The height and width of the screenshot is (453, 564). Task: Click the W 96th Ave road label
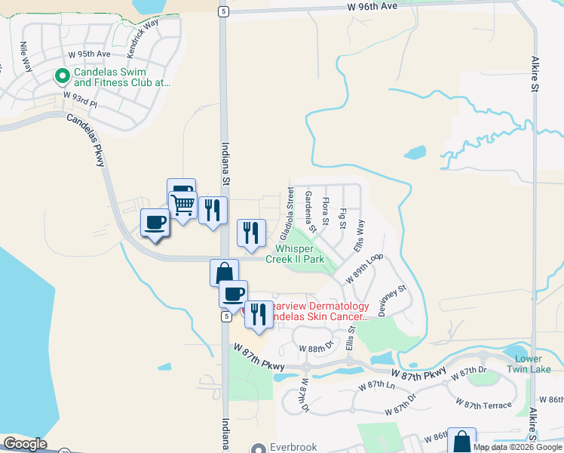click(x=372, y=6)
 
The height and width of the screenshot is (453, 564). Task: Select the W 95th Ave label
click(x=89, y=54)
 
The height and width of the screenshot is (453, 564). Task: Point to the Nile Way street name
click(x=27, y=57)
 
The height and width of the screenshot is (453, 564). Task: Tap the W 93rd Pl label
click(x=81, y=97)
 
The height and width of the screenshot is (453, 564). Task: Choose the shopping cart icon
click(x=182, y=204)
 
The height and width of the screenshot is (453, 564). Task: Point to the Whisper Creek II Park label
click(x=299, y=254)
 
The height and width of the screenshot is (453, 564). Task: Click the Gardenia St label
click(x=311, y=207)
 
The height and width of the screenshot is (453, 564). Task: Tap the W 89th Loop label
click(x=365, y=268)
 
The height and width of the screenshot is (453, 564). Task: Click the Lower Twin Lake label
click(x=532, y=364)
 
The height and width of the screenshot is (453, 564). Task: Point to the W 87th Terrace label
click(x=485, y=405)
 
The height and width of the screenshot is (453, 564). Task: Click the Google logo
click(x=25, y=444)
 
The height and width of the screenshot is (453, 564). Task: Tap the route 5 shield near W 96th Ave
click(x=223, y=11)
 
